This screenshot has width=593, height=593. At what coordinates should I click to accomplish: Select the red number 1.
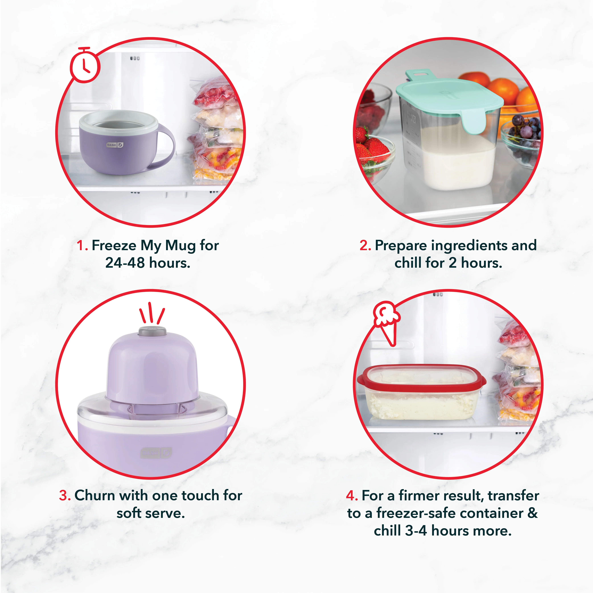tap(82, 245)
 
